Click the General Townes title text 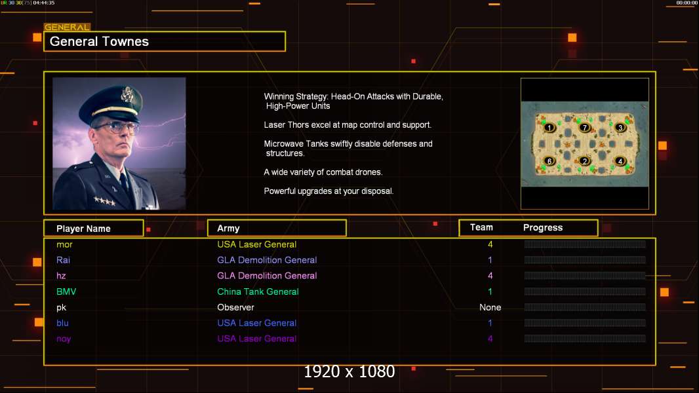(99, 42)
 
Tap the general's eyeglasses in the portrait (115, 126)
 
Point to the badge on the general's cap (127, 95)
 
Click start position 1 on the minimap (549, 128)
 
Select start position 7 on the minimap (585, 128)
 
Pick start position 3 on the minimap (620, 128)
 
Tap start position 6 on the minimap (549, 161)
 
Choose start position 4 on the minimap (620, 161)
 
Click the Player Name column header (83, 229)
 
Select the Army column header (228, 229)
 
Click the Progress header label (542, 228)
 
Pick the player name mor (64, 244)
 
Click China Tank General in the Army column (258, 291)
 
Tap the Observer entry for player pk (235, 307)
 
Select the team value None (490, 307)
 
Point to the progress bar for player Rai (584, 260)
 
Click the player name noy (64, 339)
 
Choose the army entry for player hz (267, 276)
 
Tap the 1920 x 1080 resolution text (349, 372)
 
